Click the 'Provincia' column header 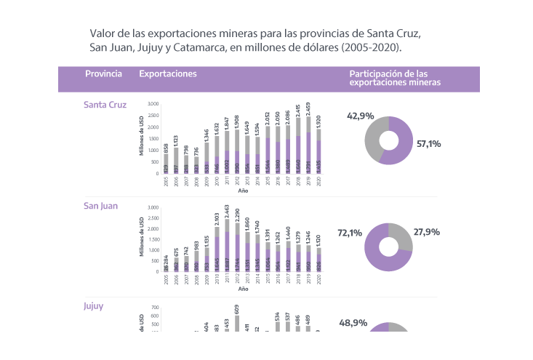click(103, 74)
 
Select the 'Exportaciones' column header click(167, 74)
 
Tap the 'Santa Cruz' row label click(105, 105)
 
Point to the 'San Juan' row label click(100, 206)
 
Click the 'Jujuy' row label click(93, 306)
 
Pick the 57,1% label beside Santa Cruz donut click(429, 144)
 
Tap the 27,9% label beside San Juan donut click(427, 233)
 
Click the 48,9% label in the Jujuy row click(353, 322)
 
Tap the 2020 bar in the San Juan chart click(319, 260)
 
